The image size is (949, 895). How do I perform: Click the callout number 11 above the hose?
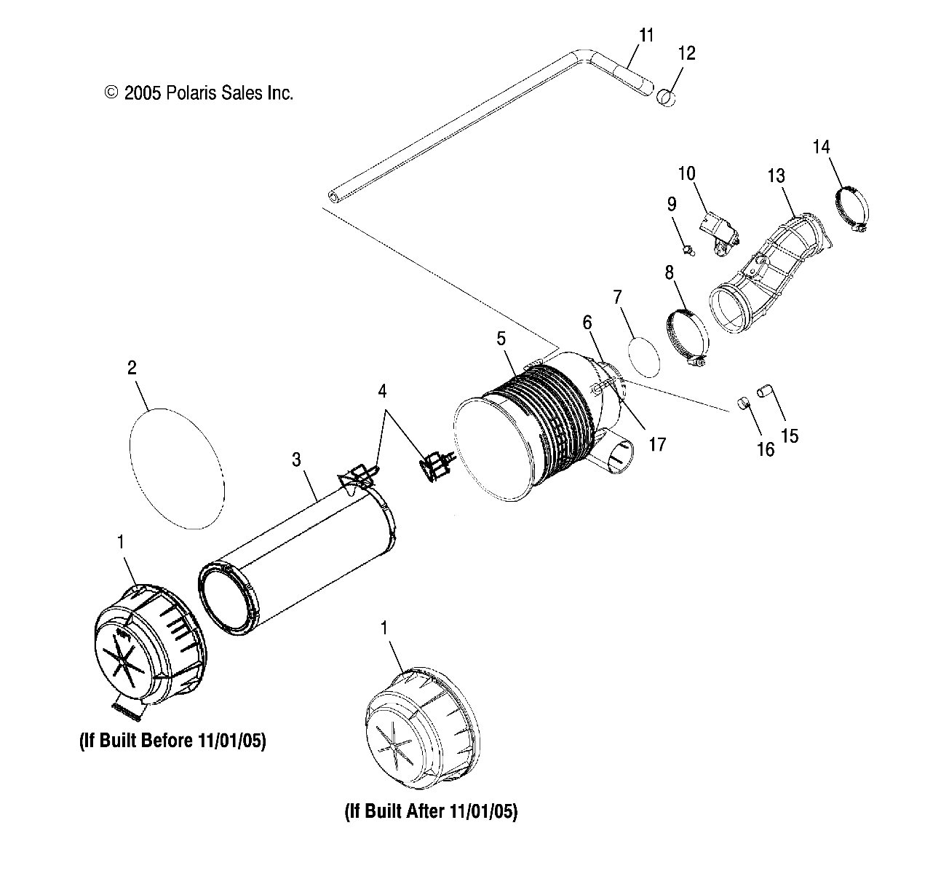click(646, 35)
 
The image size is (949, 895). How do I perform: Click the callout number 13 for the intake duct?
click(776, 176)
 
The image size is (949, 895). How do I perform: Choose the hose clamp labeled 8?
click(687, 335)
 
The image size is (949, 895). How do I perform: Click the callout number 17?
click(657, 443)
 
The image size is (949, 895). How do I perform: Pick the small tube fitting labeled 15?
click(764, 392)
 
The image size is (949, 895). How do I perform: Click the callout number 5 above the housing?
click(501, 338)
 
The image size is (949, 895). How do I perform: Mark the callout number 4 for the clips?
click(382, 391)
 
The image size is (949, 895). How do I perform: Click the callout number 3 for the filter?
click(296, 459)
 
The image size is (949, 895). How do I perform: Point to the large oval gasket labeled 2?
click(175, 466)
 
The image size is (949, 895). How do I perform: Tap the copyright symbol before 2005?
click(111, 92)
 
